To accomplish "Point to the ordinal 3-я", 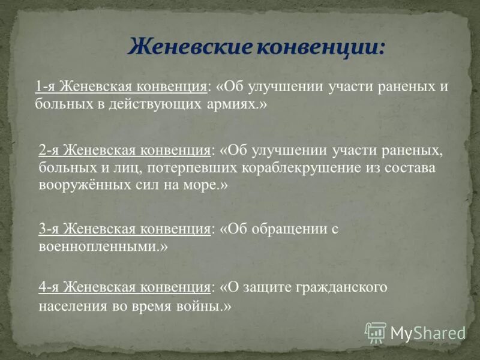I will (49, 229).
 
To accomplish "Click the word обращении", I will (290, 229).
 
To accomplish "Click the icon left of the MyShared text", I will (376, 332).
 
